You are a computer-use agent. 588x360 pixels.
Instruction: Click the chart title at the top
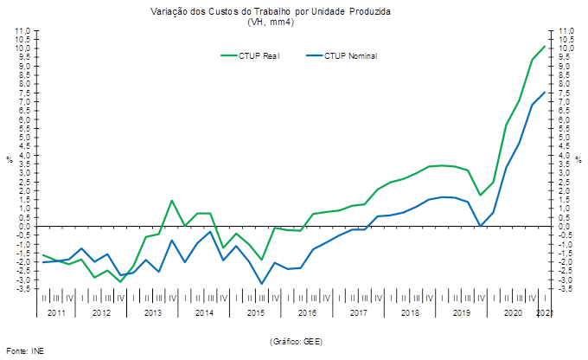[x=271, y=12]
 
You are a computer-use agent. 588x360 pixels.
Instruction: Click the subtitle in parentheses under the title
[x=271, y=22]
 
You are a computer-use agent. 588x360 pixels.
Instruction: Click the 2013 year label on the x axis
[x=153, y=312]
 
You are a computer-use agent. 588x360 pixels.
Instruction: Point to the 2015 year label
[x=255, y=312]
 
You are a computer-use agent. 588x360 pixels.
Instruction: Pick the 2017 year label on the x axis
[x=358, y=312]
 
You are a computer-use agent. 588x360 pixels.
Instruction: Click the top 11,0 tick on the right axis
[x=566, y=31]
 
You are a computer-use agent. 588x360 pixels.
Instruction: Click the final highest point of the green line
[x=544, y=47]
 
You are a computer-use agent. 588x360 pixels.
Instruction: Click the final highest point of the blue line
[x=544, y=92]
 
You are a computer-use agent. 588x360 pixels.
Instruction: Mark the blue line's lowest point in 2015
[x=261, y=283]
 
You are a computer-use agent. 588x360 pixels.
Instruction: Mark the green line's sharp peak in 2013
[x=172, y=201]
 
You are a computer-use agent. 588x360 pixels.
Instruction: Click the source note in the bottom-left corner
[x=25, y=351]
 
